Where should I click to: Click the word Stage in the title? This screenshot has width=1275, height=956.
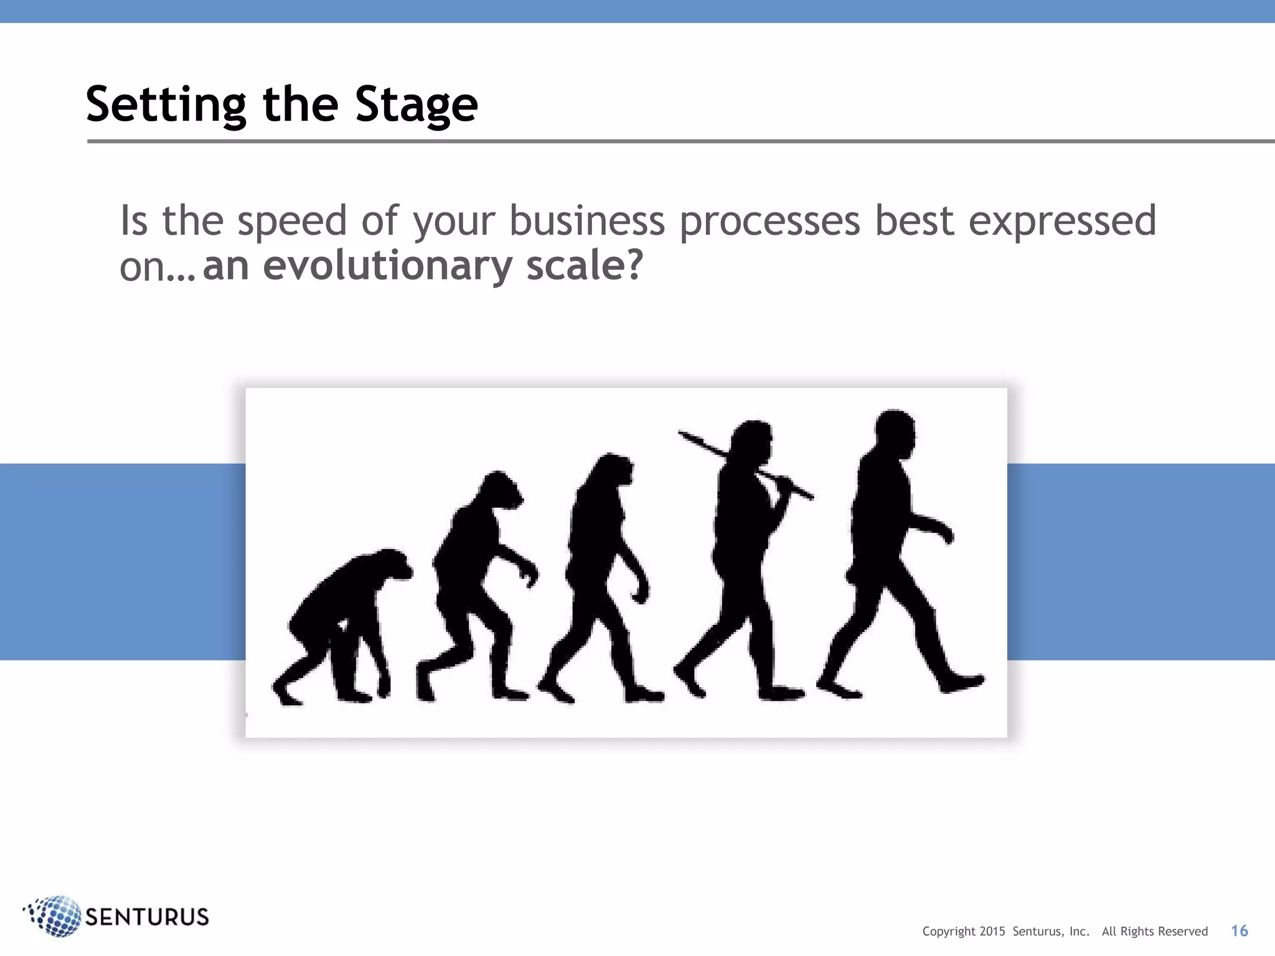click(x=416, y=105)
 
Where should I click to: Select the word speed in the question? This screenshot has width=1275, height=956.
click(x=291, y=222)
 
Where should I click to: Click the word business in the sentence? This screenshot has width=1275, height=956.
click(x=587, y=222)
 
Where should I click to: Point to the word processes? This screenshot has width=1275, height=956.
click(x=769, y=222)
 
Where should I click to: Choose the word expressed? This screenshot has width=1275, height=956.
click(x=1062, y=222)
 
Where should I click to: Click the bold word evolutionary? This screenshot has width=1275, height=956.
click(x=387, y=266)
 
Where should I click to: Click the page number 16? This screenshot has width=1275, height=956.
click(x=1239, y=931)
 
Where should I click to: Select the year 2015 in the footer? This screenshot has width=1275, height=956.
click(x=992, y=932)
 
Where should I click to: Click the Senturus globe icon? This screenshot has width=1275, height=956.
click(x=55, y=916)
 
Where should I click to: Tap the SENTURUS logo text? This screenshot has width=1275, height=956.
click(x=146, y=917)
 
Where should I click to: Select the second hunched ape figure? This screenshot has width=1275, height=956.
click(x=476, y=579)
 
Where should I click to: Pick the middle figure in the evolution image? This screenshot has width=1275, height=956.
click(x=601, y=573)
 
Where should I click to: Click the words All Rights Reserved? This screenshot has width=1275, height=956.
click(x=1154, y=932)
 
